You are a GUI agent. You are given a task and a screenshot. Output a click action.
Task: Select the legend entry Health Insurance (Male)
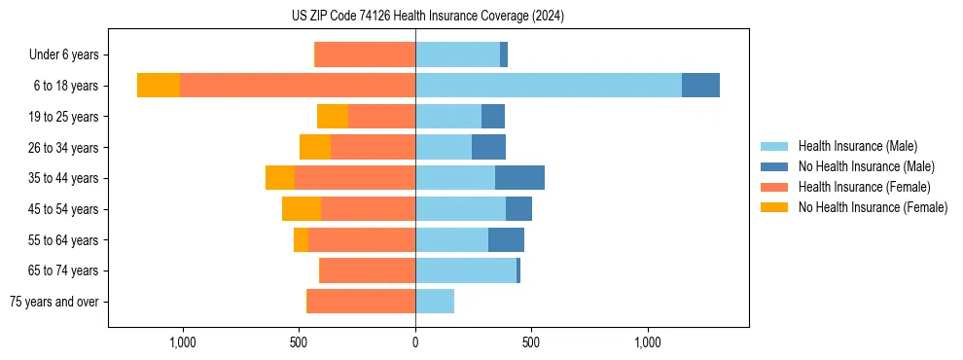[x=857, y=146]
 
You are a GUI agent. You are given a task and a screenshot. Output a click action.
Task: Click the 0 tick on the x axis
[x=415, y=342]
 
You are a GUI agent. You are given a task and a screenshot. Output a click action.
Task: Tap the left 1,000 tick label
[x=183, y=342]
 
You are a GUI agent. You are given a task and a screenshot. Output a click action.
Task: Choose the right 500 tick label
[x=531, y=342]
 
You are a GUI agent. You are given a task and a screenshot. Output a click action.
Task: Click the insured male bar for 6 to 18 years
[x=548, y=86]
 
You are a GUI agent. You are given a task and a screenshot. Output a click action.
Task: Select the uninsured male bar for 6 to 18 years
[x=700, y=86]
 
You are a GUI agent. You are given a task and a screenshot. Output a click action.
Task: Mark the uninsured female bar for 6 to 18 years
[x=159, y=86]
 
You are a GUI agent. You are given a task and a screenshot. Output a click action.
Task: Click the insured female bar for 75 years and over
[x=361, y=302]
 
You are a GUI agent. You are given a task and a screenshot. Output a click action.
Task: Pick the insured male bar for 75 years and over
[x=435, y=302]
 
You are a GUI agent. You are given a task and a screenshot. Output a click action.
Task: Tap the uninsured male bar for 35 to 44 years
[x=519, y=178]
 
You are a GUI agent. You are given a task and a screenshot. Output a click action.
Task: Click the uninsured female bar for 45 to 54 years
[x=302, y=209]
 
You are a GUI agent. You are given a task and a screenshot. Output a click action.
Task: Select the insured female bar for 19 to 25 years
[x=381, y=117]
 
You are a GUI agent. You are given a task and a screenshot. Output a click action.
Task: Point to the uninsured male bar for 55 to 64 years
[x=506, y=240]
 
